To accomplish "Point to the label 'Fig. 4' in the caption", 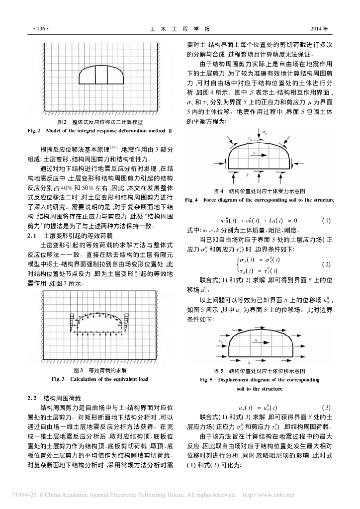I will (x=191, y=200).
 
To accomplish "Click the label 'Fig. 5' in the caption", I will (x=206, y=380).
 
